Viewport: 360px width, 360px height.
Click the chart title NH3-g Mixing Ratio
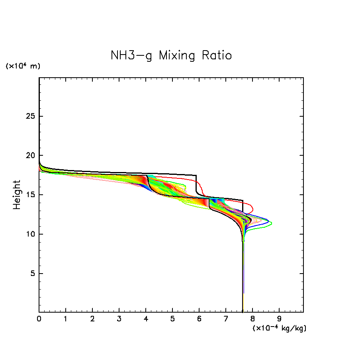[171, 56]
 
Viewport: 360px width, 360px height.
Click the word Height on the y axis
[17, 195]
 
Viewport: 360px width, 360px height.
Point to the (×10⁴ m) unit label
[23, 66]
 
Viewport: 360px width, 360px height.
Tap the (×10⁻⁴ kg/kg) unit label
[279, 328]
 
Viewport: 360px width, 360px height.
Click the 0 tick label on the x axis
[39, 319]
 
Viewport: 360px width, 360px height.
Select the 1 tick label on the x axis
[66, 319]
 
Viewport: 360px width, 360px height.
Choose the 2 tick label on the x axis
[92, 319]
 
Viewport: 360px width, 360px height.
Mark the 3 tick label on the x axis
[119, 319]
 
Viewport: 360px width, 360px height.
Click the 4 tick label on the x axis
[146, 319]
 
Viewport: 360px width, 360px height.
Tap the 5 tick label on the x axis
[172, 319]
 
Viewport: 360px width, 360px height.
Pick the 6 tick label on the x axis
[199, 319]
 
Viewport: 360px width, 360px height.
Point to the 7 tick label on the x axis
[226, 319]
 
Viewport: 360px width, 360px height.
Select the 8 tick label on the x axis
[252, 319]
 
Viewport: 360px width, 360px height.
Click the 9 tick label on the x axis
[279, 319]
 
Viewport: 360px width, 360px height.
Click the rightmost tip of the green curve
[272, 224]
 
